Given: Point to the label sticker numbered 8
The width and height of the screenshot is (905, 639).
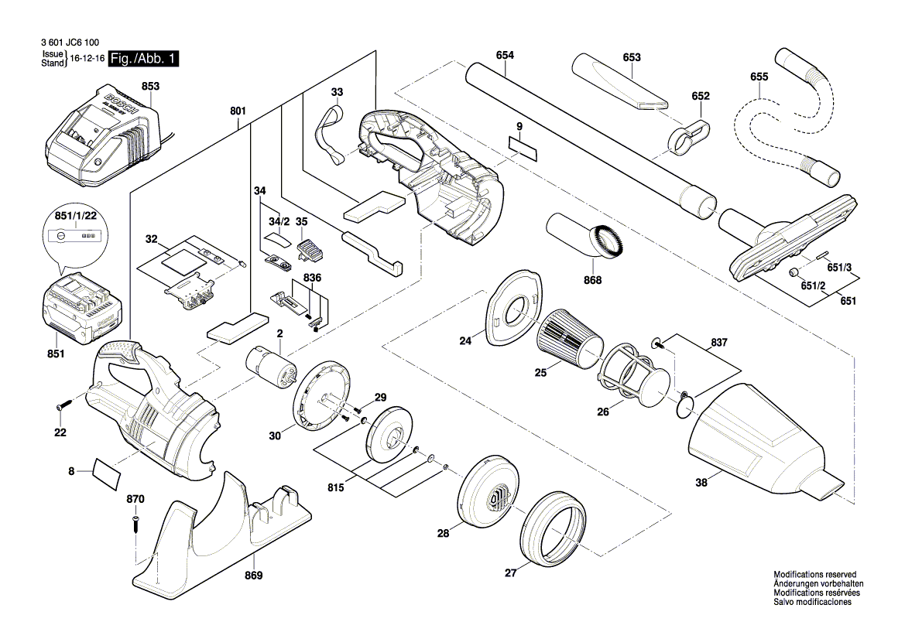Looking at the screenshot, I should [107, 472].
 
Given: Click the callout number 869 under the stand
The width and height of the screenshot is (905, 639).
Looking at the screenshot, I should [253, 576].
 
